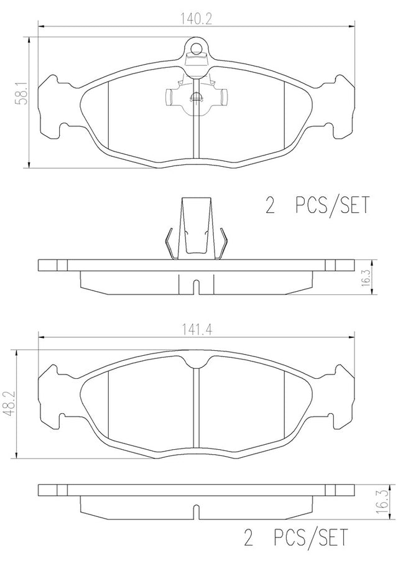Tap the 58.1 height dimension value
(x=21, y=92)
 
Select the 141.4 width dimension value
(x=196, y=330)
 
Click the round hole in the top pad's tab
(x=196, y=47)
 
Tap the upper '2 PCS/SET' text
(x=317, y=205)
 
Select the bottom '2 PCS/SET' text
(x=296, y=537)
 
